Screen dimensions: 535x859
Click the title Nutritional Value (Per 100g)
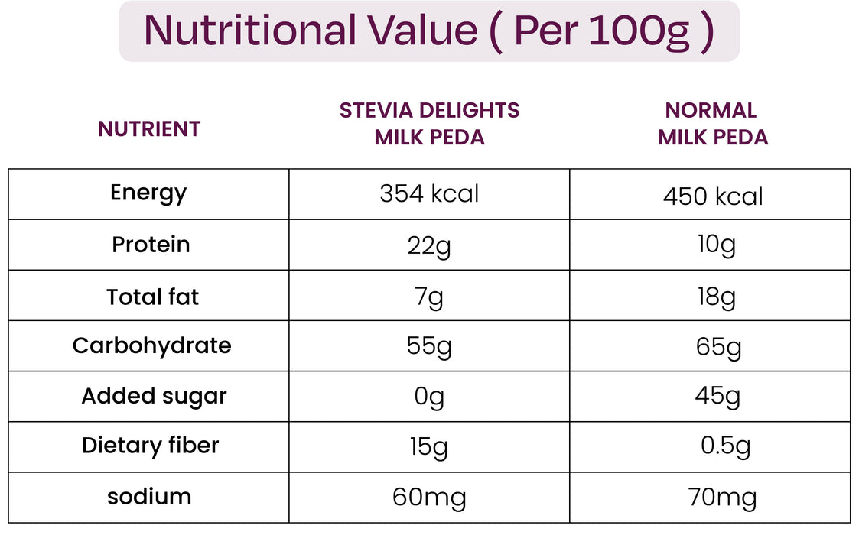point(429,31)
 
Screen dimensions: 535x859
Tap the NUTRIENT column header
point(149,129)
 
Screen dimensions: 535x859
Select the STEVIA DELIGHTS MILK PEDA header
point(429,124)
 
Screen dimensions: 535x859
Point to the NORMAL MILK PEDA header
point(712,124)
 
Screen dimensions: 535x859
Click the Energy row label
point(148,193)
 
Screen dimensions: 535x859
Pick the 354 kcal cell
point(429,194)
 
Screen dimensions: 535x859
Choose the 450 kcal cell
point(713,196)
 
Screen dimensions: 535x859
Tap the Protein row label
point(151,245)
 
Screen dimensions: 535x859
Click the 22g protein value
point(429,245)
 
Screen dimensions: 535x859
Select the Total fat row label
point(152,297)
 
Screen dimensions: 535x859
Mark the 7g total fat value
point(429,297)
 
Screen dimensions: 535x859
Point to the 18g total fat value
point(716,297)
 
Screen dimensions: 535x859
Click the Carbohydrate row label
point(151,345)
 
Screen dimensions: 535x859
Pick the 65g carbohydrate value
point(718,347)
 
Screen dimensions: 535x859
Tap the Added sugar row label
point(154,396)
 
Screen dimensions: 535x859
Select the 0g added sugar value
point(429,397)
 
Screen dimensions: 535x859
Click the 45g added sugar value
point(717,397)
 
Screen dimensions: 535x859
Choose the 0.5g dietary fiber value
point(725,446)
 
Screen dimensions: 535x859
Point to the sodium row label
point(148,497)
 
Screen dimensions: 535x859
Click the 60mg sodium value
point(429,498)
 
